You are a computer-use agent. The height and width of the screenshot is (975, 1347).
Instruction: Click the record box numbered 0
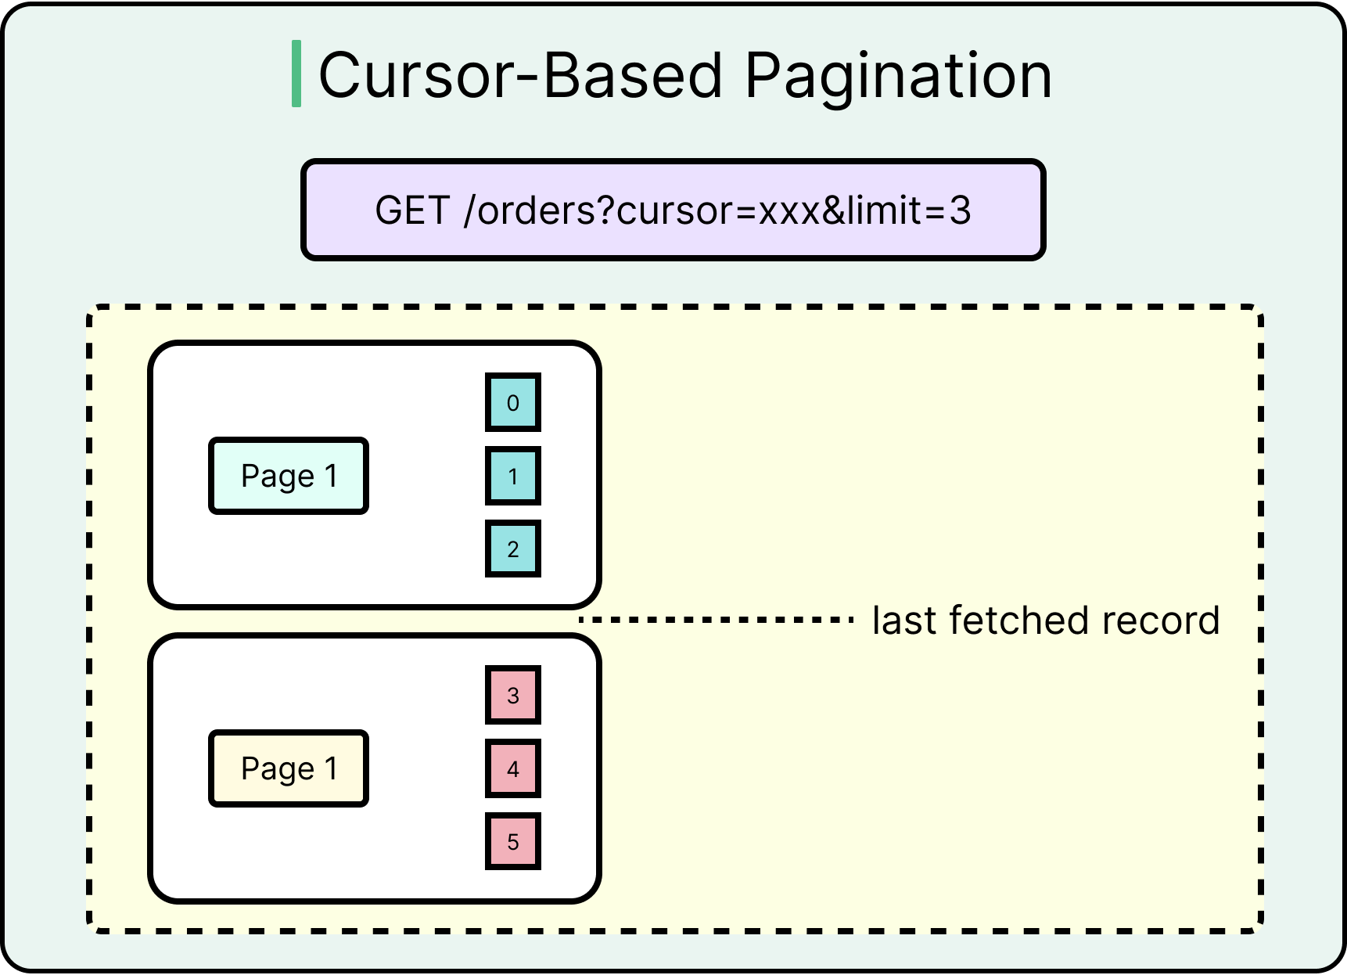(x=513, y=403)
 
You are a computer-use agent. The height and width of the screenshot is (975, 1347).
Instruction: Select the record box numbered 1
(x=513, y=476)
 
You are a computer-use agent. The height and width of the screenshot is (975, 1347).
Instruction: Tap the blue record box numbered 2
(x=513, y=549)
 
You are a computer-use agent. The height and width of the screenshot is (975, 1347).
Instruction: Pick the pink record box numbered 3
(x=513, y=696)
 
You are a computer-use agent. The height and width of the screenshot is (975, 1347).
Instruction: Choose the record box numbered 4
(x=513, y=768)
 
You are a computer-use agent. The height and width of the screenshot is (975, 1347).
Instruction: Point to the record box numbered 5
(x=513, y=842)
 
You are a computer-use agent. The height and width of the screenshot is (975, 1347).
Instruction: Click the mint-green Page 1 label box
(x=289, y=476)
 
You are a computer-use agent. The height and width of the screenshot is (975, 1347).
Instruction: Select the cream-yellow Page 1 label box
(x=289, y=768)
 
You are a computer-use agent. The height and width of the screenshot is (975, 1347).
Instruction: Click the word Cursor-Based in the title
(x=520, y=76)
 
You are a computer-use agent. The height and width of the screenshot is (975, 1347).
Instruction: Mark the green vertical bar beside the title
(x=296, y=74)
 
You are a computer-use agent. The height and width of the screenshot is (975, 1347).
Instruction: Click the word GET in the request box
(x=412, y=210)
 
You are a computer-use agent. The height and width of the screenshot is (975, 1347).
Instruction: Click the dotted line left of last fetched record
(x=716, y=620)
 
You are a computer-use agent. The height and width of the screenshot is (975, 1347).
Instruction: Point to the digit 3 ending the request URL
(x=961, y=210)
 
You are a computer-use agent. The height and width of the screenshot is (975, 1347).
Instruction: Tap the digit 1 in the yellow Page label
(x=331, y=768)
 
